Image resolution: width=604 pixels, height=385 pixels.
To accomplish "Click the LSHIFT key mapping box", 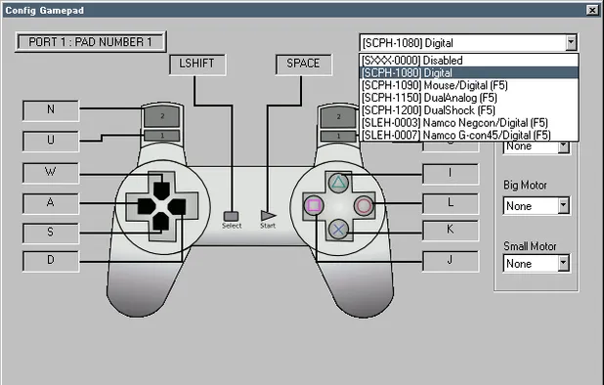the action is (x=197, y=64).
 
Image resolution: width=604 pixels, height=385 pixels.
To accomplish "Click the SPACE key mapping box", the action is (x=303, y=64).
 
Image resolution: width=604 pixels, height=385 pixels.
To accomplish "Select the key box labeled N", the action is (x=50, y=109).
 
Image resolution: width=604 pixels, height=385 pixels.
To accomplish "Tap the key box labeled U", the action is (x=50, y=141).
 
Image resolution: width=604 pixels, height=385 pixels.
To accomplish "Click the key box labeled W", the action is (x=50, y=173).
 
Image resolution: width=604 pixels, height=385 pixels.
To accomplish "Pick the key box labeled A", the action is (x=50, y=202).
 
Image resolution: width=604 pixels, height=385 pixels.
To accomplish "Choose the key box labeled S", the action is (x=50, y=232).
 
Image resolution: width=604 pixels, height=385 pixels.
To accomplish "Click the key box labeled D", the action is (x=50, y=261).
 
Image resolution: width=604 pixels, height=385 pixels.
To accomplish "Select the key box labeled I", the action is (x=450, y=173).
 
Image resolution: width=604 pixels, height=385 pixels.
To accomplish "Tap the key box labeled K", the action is (x=450, y=232).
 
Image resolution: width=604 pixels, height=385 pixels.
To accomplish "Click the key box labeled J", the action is (x=450, y=261).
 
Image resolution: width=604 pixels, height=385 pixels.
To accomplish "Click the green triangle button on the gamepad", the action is (x=338, y=182).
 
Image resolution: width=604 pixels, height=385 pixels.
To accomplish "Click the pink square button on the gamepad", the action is (x=315, y=205).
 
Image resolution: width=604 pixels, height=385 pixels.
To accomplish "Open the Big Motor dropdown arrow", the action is (x=563, y=206).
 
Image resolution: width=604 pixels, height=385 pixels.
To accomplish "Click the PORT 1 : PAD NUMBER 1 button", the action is (x=91, y=43).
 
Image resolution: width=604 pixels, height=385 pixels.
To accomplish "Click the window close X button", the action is (x=592, y=9).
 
